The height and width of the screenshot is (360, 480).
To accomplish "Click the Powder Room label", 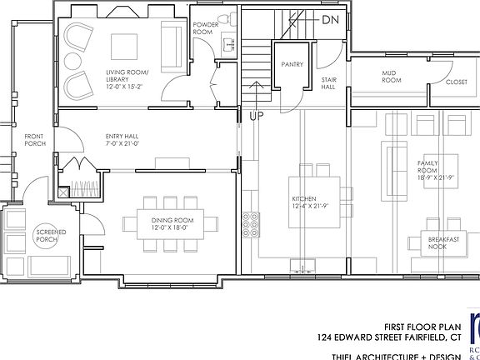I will tap(206, 28).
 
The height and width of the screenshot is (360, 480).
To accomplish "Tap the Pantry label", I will tap(292, 64).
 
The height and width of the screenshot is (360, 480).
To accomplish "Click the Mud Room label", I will tap(392, 77).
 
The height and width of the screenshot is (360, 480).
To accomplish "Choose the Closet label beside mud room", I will tap(457, 82).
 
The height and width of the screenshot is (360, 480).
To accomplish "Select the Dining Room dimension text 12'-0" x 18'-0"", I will tap(172, 227).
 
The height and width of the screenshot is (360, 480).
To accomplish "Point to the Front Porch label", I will tap(34, 140).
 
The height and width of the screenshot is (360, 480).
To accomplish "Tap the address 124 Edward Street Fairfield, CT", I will tap(389, 338).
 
